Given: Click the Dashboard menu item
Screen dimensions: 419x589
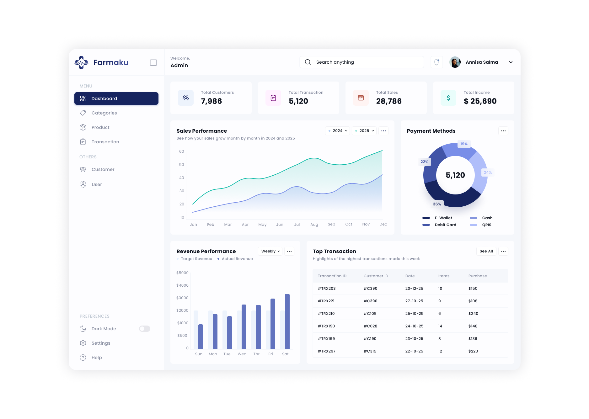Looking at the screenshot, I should [116, 98].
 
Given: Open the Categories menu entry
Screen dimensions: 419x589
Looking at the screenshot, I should [104, 113].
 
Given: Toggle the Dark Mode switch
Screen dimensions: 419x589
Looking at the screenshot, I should [145, 329].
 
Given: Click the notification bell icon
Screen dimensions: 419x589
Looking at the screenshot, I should [436, 62].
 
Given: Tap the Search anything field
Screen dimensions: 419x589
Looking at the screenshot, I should [361, 62].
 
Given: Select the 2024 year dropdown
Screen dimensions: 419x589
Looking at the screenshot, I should [338, 131].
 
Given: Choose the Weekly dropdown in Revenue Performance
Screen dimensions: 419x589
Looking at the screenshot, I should [270, 251].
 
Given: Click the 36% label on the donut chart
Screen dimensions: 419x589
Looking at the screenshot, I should [437, 204].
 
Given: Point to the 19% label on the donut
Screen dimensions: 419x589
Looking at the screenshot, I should [464, 144].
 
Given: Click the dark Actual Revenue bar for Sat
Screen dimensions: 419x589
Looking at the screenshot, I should [287, 321].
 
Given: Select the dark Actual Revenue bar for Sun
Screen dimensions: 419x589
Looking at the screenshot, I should [201, 337].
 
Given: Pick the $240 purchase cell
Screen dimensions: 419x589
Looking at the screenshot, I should [473, 314].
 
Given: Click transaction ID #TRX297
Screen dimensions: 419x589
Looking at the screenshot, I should [327, 351].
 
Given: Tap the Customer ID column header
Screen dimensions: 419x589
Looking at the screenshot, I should [376, 276].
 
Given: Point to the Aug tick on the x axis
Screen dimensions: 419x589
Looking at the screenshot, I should [314, 225].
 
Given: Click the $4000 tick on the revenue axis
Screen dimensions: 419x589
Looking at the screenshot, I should [182, 285].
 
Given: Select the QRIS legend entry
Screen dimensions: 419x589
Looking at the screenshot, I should [486, 225].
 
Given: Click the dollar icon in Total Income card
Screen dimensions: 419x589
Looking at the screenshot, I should [448, 98].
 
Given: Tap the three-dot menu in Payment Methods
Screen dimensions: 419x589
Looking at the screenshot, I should [503, 131].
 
